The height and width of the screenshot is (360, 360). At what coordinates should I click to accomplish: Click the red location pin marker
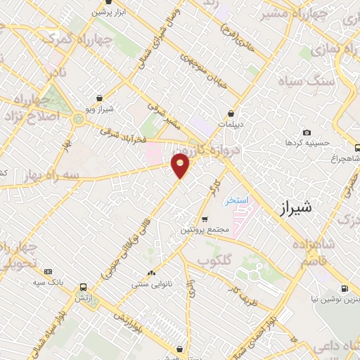(x=181, y=165)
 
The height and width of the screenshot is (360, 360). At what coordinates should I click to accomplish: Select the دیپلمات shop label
(x=231, y=124)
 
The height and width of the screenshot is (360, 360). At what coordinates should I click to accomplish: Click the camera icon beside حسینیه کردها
(x=307, y=133)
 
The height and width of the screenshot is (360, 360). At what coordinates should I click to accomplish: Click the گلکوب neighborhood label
(x=215, y=260)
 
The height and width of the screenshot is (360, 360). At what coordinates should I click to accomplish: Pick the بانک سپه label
(x=48, y=282)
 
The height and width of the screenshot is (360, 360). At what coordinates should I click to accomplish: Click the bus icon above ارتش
(x=84, y=287)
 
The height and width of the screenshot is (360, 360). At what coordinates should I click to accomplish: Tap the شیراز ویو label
(x=100, y=109)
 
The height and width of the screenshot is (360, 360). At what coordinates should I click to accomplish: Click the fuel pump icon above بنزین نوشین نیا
(x=345, y=288)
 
